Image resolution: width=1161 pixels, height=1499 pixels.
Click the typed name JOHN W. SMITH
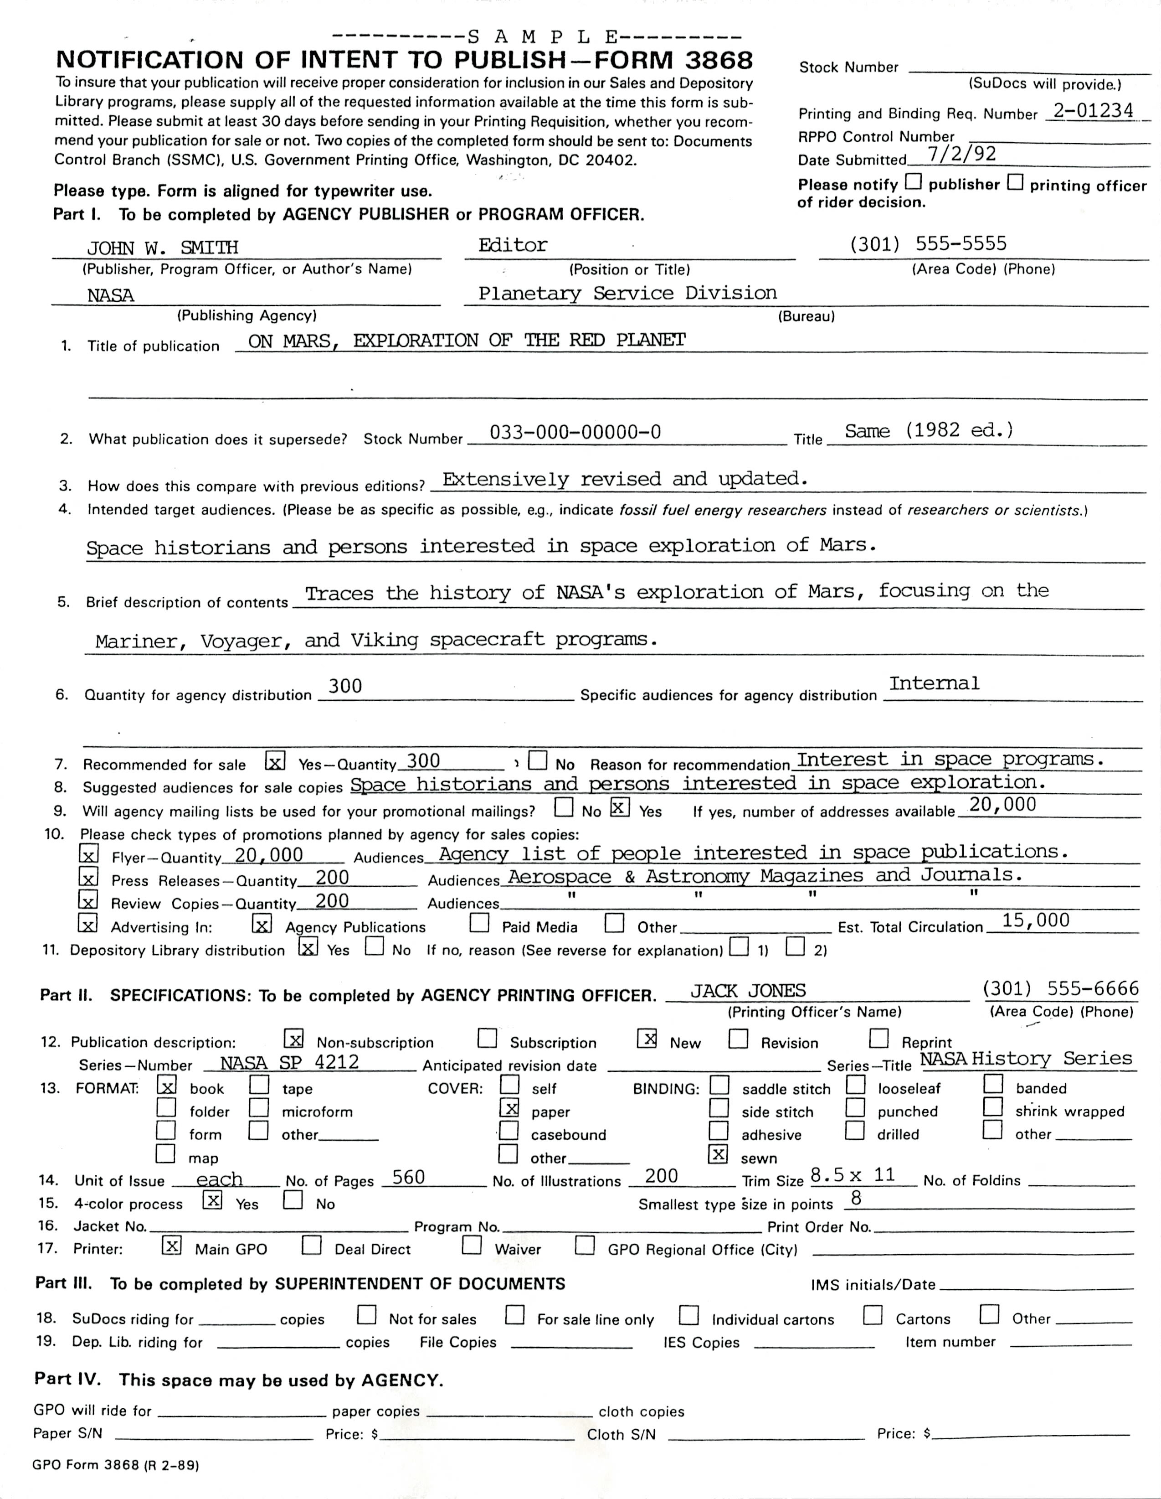pyautogui.click(x=163, y=247)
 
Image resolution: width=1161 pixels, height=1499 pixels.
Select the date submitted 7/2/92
pyautogui.click(x=961, y=154)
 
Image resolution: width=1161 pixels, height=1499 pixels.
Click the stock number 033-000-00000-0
pyautogui.click(x=575, y=432)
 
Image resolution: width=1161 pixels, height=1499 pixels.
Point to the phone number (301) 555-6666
pyautogui.click(x=1060, y=988)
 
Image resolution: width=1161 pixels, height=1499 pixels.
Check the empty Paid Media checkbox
pyautogui.click(x=479, y=923)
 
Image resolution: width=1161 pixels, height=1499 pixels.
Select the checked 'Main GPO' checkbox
pyautogui.click(x=171, y=1245)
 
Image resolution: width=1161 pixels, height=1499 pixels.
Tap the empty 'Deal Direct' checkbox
pyautogui.click(x=312, y=1245)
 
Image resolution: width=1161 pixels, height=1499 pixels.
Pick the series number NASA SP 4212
pyautogui.click(x=289, y=1063)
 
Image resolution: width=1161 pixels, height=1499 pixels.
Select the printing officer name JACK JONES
pyautogui.click(x=747, y=990)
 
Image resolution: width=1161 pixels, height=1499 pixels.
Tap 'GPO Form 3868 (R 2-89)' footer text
pyautogui.click(x=115, y=1465)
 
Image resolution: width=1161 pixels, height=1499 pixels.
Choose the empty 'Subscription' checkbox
pyautogui.click(x=487, y=1039)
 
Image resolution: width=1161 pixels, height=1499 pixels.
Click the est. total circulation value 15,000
pyautogui.click(x=1035, y=920)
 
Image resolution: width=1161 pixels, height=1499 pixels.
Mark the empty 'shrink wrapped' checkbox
pyautogui.click(x=992, y=1106)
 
